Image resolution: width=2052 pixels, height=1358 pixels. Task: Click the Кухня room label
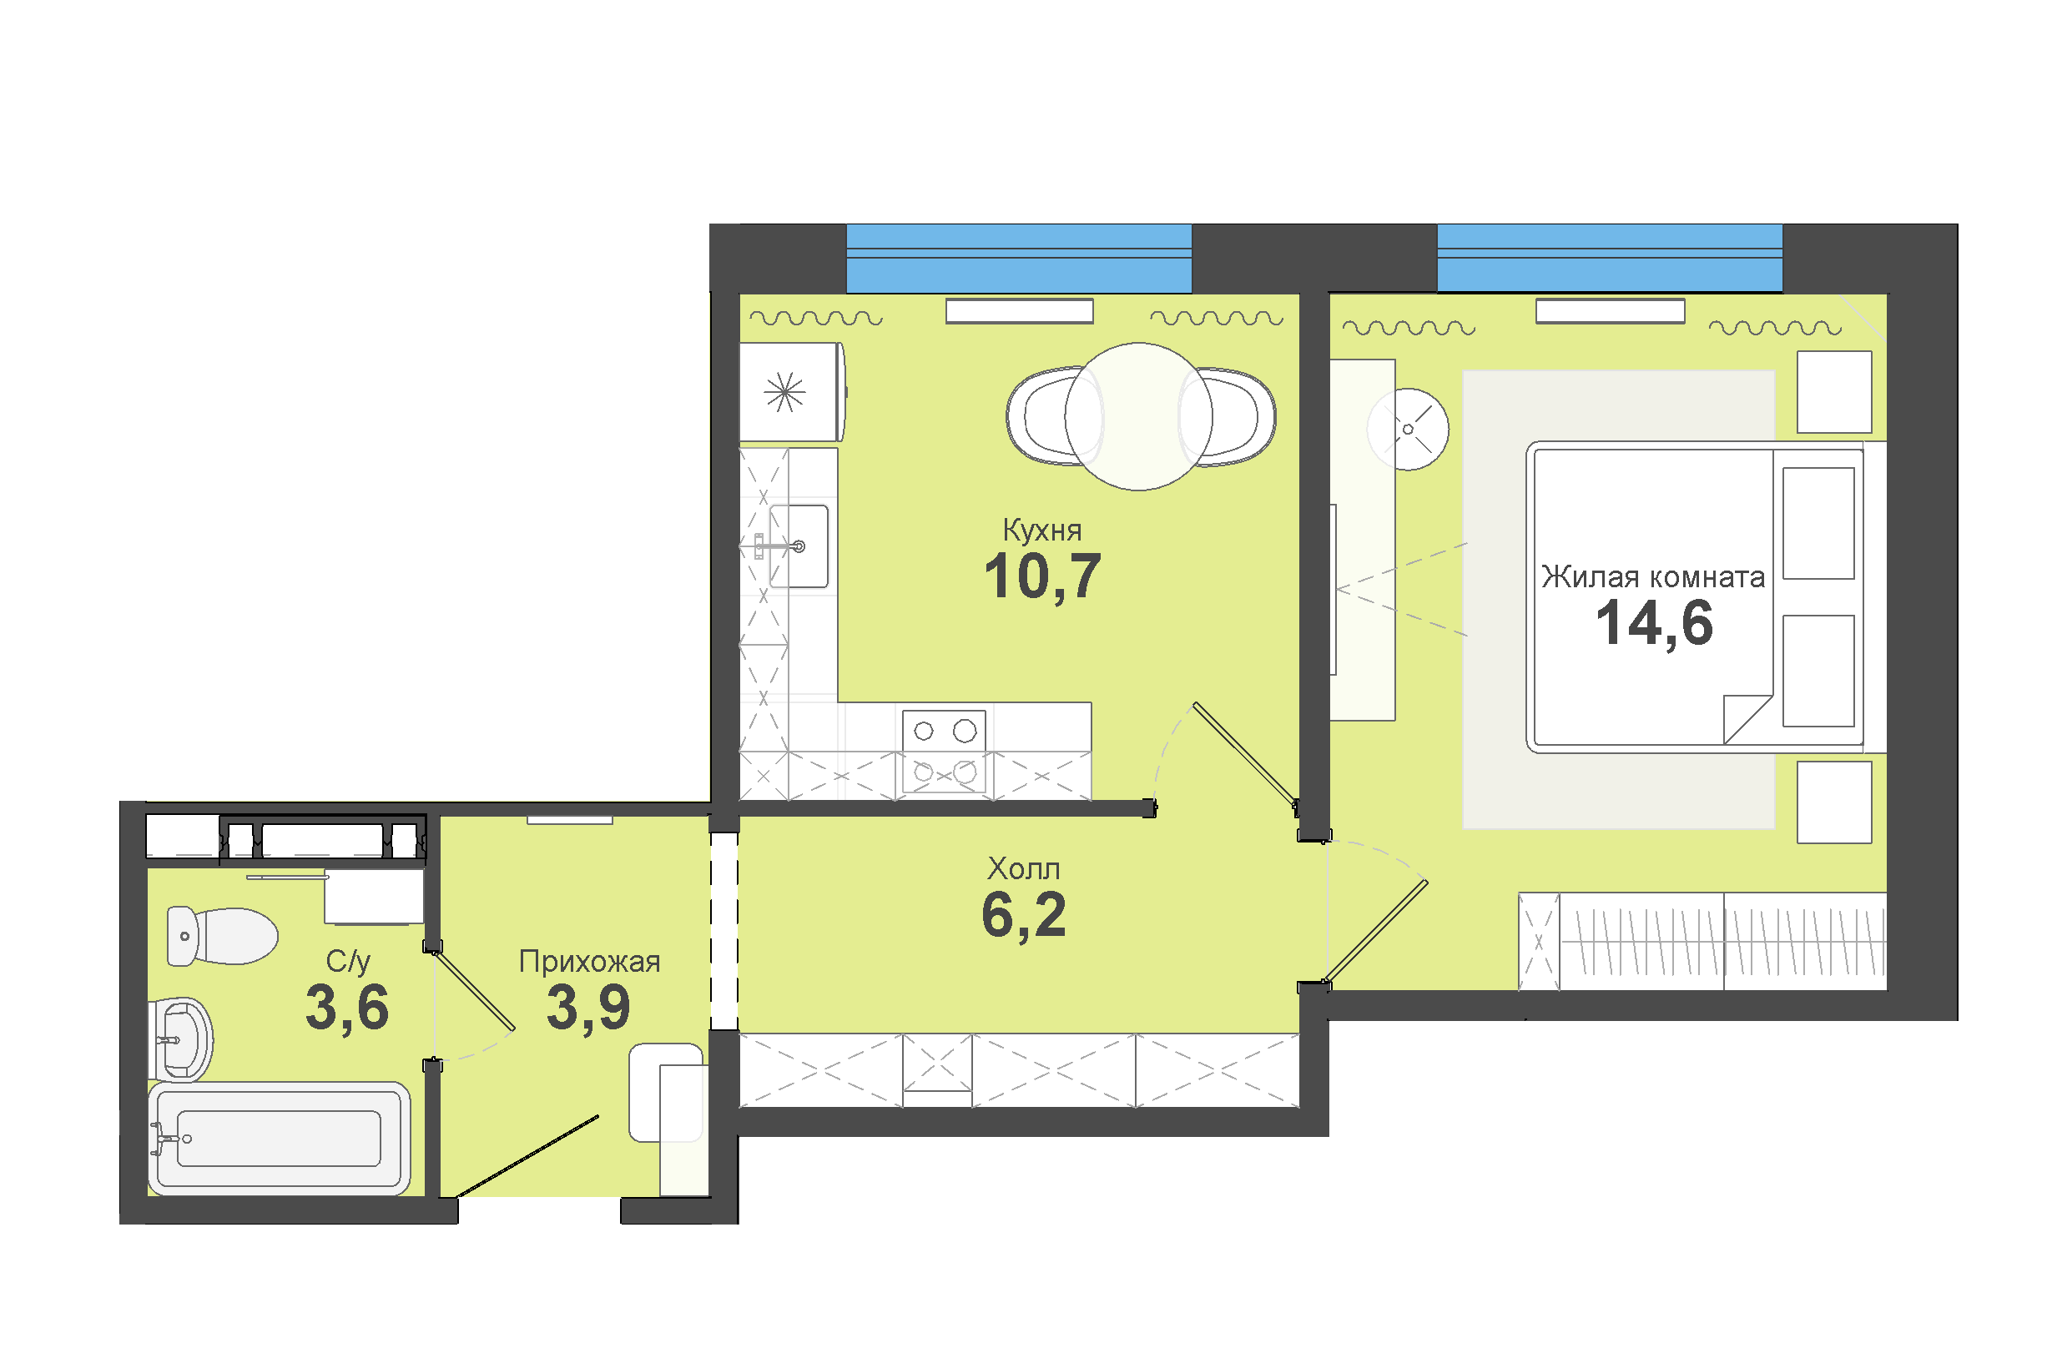click(x=1042, y=531)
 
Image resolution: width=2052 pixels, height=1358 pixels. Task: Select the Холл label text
click(x=1024, y=868)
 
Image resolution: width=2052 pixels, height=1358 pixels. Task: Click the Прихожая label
click(x=589, y=961)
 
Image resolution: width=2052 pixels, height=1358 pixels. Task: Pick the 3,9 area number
click(x=588, y=1008)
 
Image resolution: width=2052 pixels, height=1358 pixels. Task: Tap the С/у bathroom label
click(x=348, y=961)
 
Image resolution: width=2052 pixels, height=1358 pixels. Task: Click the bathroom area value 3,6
click(x=347, y=1008)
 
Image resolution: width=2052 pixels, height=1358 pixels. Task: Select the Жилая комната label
click(x=1652, y=576)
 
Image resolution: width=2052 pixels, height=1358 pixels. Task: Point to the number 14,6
click(x=1655, y=624)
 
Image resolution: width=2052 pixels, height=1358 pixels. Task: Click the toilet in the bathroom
click(x=222, y=936)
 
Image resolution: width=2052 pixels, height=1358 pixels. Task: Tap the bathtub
click(x=279, y=1138)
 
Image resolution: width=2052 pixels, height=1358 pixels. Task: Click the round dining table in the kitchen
click(x=1138, y=416)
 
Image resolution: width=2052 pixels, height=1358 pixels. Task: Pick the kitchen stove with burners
click(x=944, y=751)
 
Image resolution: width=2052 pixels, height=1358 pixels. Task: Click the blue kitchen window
click(x=1019, y=258)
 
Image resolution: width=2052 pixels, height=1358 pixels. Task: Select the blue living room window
click(x=1610, y=258)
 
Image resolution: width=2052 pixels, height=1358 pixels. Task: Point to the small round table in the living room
click(x=1408, y=430)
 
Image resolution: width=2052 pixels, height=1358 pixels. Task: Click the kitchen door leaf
click(x=1245, y=753)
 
